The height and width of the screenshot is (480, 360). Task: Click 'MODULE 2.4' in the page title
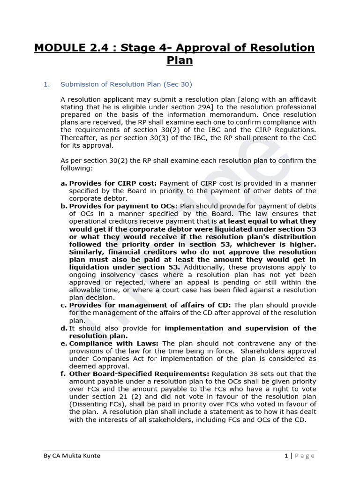click(65, 48)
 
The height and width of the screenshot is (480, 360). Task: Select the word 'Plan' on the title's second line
click(180, 60)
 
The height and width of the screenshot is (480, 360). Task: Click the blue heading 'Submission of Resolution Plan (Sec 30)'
click(126, 84)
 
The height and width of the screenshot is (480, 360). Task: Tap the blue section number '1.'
click(46, 84)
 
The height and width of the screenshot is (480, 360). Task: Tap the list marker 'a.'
click(64, 183)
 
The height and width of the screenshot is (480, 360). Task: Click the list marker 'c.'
click(64, 305)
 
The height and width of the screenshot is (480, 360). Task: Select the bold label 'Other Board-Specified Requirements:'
click(139, 374)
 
